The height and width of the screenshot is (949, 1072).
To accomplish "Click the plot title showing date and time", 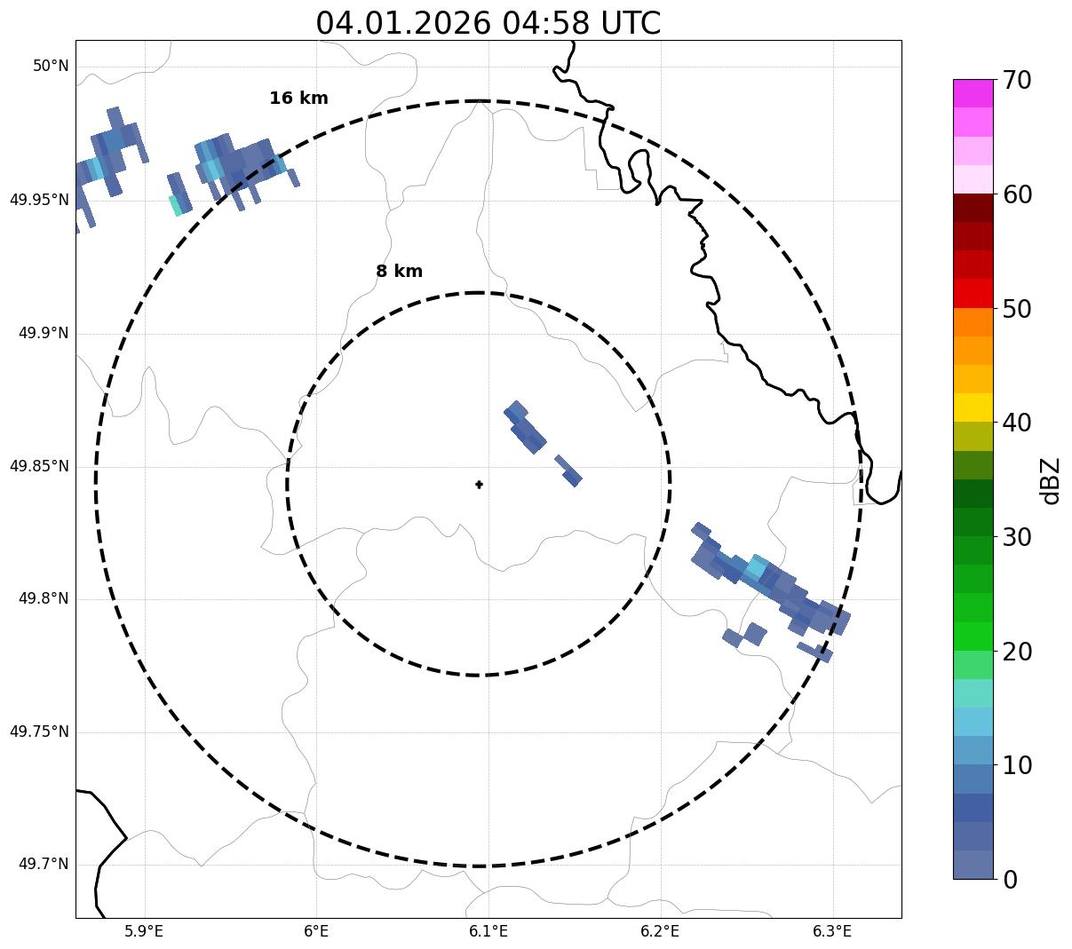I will point(488,23).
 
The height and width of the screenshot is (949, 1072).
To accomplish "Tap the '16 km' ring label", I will point(298,99).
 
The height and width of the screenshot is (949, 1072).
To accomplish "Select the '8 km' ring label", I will point(399,272).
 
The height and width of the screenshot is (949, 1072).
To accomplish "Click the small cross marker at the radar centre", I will point(479,485).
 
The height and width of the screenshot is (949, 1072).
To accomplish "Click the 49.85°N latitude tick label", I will point(39,466).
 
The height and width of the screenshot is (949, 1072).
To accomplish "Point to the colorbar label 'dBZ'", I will point(1050,480).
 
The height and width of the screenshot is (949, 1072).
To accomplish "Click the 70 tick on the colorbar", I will point(1017,81).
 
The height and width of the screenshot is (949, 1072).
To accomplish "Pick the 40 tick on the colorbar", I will point(1017,423).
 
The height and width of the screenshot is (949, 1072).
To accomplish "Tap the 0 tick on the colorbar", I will point(1011,880).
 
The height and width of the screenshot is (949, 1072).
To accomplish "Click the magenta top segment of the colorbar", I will point(973,93).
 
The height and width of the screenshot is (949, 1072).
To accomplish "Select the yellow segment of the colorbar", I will point(973,407).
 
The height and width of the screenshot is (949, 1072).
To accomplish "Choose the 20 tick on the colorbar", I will point(1017,652).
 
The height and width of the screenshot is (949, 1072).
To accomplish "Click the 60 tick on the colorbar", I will point(1017,194).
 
